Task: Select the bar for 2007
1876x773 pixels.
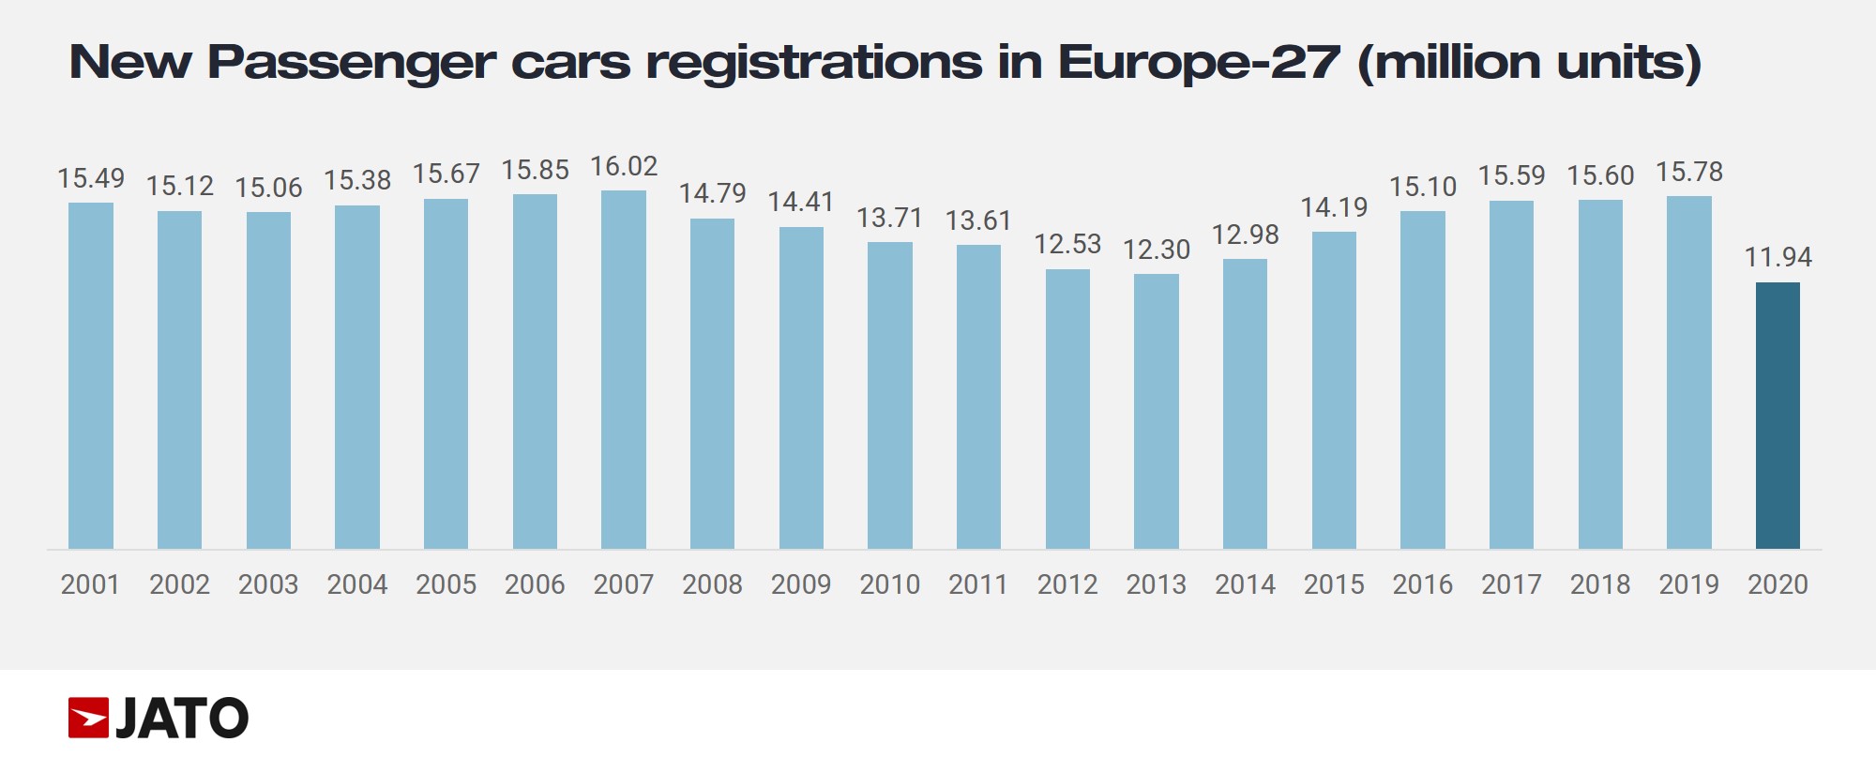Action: point(624,370)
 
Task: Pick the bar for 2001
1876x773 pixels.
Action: point(91,375)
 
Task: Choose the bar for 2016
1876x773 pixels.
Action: point(1423,380)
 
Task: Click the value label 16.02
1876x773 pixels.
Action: point(624,167)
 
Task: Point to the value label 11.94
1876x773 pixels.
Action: point(1778,257)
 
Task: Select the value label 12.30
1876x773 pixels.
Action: point(1157,250)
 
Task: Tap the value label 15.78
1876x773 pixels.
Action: point(1689,173)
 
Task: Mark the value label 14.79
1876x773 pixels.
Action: point(713,194)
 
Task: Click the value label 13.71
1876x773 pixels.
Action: point(890,219)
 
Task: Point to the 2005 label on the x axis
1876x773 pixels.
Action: point(446,584)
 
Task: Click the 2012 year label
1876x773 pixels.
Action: point(1067,584)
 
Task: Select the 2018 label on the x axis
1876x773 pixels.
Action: point(1600,584)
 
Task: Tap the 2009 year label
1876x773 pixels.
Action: point(801,584)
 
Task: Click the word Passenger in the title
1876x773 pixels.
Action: point(351,64)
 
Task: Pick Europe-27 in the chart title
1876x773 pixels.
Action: point(1200,63)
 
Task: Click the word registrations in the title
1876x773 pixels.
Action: point(814,64)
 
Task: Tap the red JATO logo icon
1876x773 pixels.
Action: point(89,719)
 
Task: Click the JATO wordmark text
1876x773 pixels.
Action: point(182,719)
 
